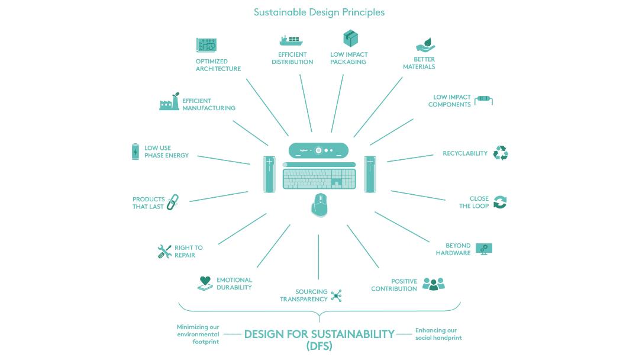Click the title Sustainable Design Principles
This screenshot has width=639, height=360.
coord(319,12)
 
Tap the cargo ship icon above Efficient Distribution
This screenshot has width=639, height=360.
coord(291,40)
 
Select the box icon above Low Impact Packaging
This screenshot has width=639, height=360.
coord(351,38)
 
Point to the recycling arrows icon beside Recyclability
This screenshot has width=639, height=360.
coord(501,153)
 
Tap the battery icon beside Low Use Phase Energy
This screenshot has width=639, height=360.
coord(135,152)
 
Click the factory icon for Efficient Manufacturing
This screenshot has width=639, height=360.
coord(169,102)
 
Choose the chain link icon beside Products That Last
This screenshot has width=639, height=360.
coord(172,202)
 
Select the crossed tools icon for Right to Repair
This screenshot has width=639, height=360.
coord(164,251)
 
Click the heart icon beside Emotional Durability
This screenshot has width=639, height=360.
coord(205,283)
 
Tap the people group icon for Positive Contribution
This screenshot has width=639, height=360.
coord(433,284)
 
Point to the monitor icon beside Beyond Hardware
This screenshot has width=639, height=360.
coord(484,249)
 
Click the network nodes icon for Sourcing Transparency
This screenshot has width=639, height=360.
coord(336,295)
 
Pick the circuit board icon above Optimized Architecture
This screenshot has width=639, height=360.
coord(206,46)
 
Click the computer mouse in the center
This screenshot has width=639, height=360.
coord(319,205)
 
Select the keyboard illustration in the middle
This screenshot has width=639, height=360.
coord(319,178)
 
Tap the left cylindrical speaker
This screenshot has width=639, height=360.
coord(270,173)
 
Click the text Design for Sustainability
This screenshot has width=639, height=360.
coord(319,334)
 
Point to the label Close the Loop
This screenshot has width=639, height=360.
coord(474,202)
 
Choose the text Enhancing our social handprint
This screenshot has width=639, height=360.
coord(438,334)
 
